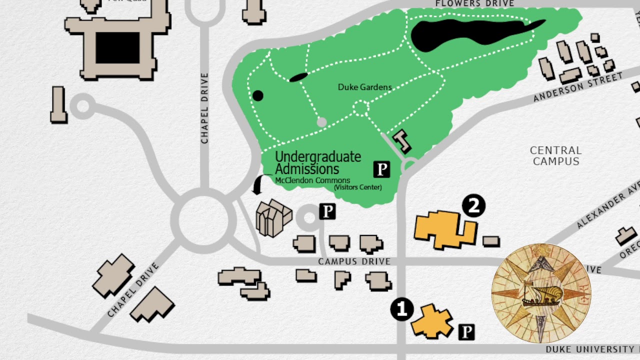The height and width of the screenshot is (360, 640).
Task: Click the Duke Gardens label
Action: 364,87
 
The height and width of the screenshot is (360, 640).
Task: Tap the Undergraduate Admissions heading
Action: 317,163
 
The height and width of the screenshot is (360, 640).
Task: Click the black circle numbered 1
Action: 401,309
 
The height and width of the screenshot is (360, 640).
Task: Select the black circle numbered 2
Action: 473,205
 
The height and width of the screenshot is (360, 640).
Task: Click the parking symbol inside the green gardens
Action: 381,169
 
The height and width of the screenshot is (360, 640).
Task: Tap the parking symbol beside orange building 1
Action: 466,331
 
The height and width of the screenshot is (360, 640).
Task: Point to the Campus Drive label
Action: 354,261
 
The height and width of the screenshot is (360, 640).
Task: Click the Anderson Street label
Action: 577,87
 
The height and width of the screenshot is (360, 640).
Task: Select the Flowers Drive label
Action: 474,4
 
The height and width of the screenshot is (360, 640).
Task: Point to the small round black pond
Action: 257,95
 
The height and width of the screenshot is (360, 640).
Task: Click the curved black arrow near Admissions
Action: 259,185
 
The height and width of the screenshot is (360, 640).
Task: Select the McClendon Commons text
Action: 312,180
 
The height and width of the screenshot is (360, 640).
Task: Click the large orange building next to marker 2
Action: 442,229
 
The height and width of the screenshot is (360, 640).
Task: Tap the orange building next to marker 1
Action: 431,321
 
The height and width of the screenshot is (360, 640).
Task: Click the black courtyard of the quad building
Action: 117,48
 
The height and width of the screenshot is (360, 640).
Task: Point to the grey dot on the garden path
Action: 321,122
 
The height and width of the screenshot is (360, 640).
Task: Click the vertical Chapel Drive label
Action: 204,108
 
